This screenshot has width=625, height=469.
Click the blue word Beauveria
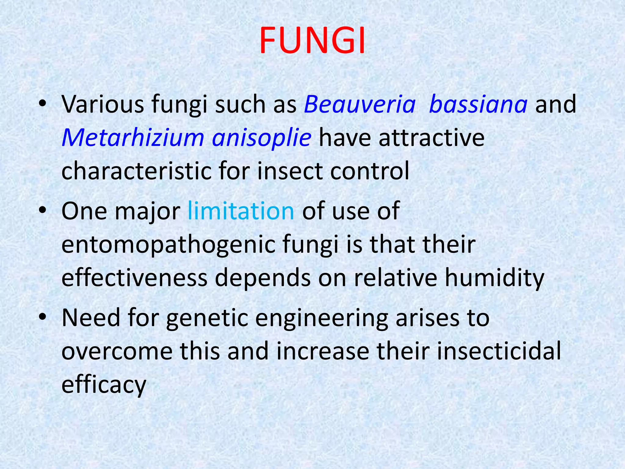(x=360, y=104)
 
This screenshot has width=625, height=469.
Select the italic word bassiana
(x=478, y=104)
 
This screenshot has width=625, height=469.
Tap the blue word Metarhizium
(x=133, y=138)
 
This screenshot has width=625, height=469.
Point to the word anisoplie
(x=262, y=138)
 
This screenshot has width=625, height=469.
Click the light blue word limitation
(x=241, y=211)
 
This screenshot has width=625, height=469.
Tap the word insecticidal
(x=499, y=351)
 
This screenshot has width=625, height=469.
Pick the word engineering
(x=321, y=318)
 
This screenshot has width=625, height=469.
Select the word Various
(x=103, y=104)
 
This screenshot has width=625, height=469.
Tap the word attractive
(x=432, y=138)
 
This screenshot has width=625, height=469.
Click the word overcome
(x=117, y=351)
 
